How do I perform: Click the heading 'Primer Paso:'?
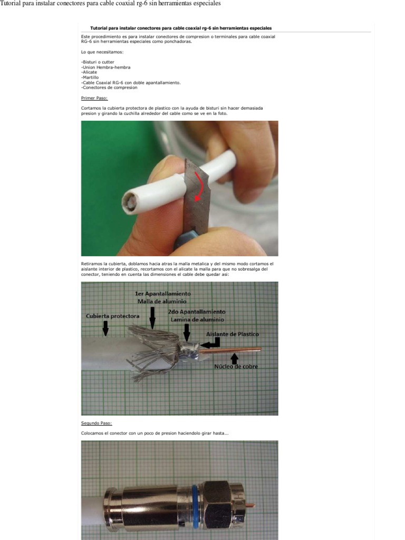tap(94, 98)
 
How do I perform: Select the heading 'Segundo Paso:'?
tap(97, 423)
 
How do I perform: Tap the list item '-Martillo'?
tap(90, 78)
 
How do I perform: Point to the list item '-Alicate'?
tap(89, 72)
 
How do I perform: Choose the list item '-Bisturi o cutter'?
tap(98, 62)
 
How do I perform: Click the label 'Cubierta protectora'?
tap(112, 316)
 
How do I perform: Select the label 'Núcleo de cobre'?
tap(236, 367)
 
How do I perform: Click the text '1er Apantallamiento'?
tap(163, 293)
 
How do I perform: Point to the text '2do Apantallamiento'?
tap(197, 312)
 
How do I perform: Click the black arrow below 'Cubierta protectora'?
tap(106, 328)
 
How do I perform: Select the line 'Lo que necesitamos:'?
tap(102, 52)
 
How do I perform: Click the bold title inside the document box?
tap(181, 28)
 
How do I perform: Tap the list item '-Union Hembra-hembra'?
tap(105, 67)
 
